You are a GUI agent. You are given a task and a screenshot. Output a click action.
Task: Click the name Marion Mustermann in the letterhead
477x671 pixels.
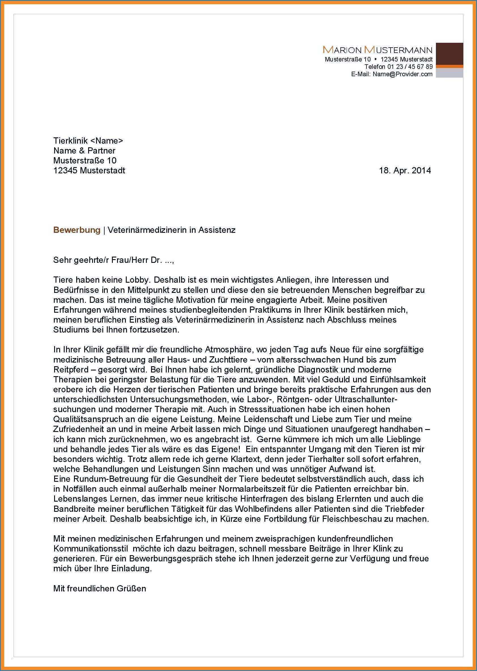[x=378, y=50]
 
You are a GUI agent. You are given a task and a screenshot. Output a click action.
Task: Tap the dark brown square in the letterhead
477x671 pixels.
[x=449, y=54]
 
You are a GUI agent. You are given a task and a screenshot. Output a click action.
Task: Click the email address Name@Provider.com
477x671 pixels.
[x=402, y=74]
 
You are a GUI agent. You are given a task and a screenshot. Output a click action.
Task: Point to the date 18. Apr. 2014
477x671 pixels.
[x=405, y=171]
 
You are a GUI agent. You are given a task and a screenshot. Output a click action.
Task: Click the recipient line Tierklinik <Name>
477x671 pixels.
[x=88, y=140]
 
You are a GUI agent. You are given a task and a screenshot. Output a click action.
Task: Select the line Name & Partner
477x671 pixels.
[x=84, y=151]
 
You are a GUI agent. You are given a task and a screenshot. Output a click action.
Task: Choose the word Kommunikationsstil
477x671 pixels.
[x=90, y=549]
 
